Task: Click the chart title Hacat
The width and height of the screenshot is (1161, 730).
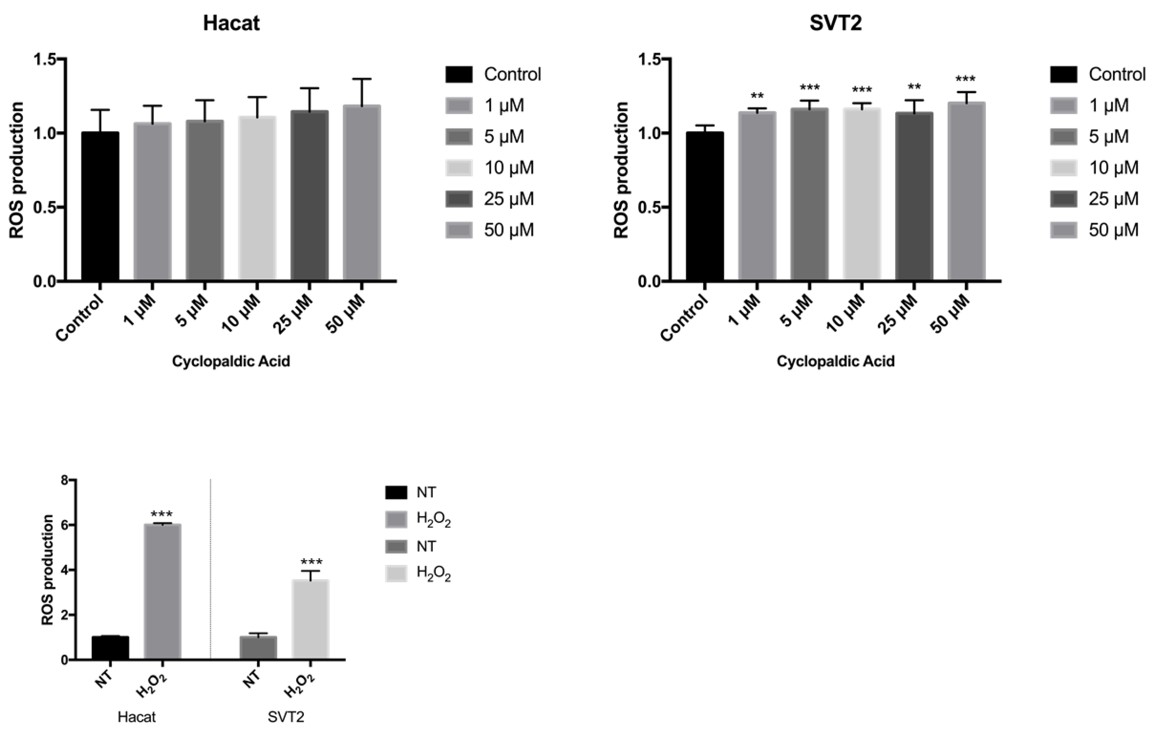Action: pyautogui.click(x=231, y=23)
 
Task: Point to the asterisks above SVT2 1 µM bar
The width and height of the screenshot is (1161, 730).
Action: pyautogui.click(x=757, y=96)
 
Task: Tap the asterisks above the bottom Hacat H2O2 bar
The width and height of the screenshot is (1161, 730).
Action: pyautogui.click(x=162, y=515)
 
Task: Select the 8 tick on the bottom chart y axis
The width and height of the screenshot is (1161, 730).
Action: pyautogui.click(x=63, y=480)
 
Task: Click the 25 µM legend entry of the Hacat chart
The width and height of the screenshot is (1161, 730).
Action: pyautogui.click(x=509, y=199)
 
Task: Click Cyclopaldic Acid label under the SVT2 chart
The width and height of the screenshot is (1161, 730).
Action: pyautogui.click(x=835, y=361)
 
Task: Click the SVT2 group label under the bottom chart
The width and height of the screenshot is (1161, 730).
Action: pyautogui.click(x=286, y=717)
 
